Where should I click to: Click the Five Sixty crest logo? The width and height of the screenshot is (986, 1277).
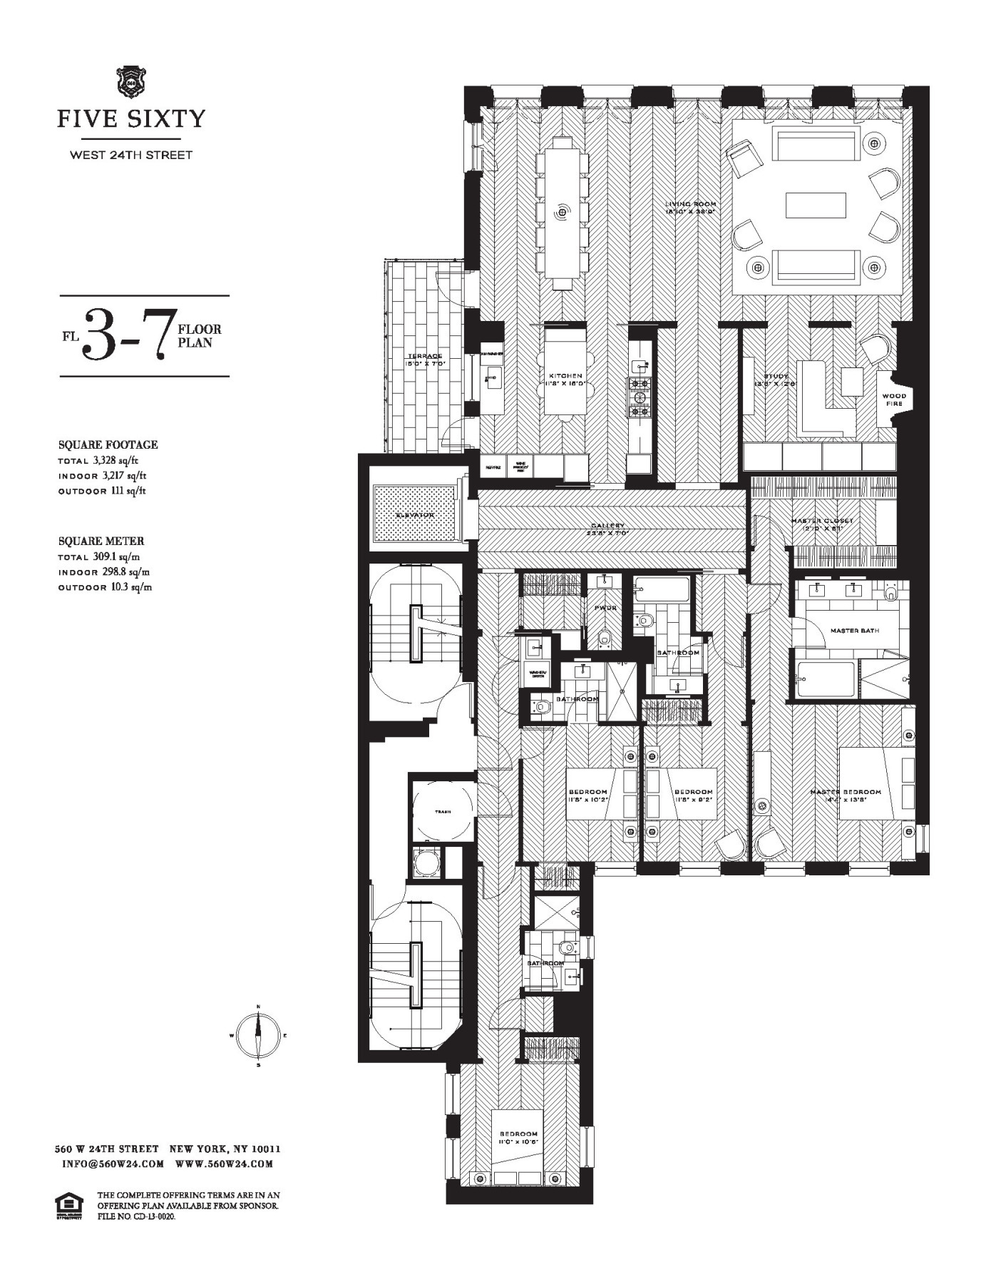[130, 82]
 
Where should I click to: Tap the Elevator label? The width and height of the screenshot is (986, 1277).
[415, 514]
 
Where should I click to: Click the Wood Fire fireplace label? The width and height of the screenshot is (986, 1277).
[894, 400]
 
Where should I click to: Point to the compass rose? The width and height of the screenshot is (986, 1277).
[258, 1035]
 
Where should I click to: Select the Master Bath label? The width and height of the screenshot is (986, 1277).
[854, 631]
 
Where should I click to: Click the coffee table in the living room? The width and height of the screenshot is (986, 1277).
[816, 205]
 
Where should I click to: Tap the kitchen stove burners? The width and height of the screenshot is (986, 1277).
[639, 398]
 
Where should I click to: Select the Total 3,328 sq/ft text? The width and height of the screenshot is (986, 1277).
[102, 460]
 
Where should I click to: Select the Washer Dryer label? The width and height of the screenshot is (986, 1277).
[537, 673]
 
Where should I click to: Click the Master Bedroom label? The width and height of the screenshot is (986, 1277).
[846, 792]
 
